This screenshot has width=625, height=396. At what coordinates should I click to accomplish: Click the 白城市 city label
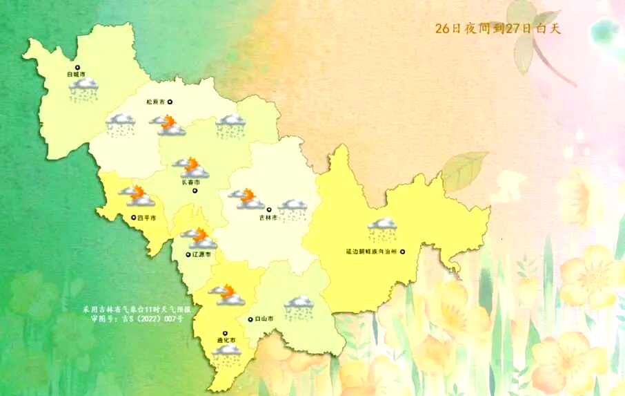click(76, 73)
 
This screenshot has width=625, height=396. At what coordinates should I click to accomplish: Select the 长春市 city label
click(191, 182)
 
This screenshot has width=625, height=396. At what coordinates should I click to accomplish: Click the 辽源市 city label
click(201, 254)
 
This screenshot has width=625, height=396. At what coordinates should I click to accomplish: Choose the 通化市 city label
click(226, 341)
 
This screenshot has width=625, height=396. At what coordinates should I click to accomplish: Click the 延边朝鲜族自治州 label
click(371, 252)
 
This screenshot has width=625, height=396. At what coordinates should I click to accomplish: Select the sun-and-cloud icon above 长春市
click(191, 167)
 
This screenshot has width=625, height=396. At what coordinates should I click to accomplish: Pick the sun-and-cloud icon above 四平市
click(137, 196)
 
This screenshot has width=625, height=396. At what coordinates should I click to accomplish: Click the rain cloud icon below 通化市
click(227, 355)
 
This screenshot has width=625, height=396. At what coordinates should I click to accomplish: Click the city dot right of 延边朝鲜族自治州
click(402, 252)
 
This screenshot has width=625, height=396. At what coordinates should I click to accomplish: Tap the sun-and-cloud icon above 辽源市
click(199, 238)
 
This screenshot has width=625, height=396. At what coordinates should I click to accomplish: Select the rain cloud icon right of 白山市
click(299, 308)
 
